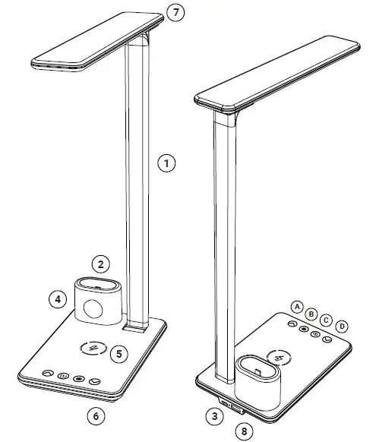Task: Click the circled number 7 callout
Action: point(175,13)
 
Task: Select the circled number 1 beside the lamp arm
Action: point(166,162)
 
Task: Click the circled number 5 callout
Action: point(118,353)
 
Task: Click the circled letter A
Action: point(297,305)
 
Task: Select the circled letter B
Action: point(311,311)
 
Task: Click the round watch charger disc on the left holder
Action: point(94,309)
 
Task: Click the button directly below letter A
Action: point(290,322)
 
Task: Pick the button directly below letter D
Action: point(327,340)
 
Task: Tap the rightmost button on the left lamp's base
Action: point(95,383)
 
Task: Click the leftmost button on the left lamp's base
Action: point(47,374)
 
